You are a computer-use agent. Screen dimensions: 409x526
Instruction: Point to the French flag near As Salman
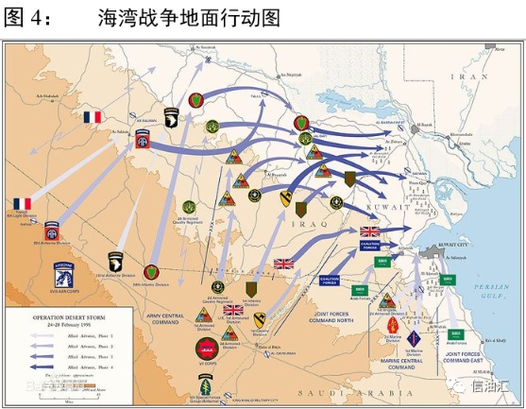click(93, 117)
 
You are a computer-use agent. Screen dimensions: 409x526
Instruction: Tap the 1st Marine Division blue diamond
click(413, 337)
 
